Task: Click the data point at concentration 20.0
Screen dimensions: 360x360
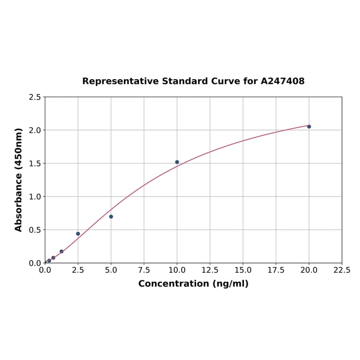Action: pyautogui.click(x=309, y=126)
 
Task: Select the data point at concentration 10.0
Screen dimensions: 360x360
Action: pyautogui.click(x=177, y=162)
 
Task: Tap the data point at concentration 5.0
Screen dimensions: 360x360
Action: pyautogui.click(x=111, y=217)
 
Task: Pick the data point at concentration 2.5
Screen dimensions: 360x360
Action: pyautogui.click(x=78, y=234)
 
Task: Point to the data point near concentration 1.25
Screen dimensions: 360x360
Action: pyautogui.click(x=62, y=252)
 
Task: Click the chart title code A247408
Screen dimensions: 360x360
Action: pyautogui.click(x=283, y=81)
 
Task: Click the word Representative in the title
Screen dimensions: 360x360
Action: pyautogui.click(x=121, y=81)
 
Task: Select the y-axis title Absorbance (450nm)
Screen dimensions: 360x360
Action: pyautogui.click(x=19, y=180)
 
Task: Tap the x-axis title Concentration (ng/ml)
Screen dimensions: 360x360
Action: pyautogui.click(x=193, y=284)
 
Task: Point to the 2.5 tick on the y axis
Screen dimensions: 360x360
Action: pyautogui.click(x=35, y=97)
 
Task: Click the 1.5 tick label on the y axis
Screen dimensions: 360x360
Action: pyautogui.click(x=35, y=164)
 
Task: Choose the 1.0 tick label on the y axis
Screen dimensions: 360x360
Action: pyautogui.click(x=35, y=196)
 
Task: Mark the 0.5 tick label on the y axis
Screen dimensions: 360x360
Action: pyautogui.click(x=35, y=230)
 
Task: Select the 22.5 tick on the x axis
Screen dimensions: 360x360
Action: pyautogui.click(x=342, y=270)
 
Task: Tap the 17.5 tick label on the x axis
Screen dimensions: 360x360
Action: pyautogui.click(x=276, y=270)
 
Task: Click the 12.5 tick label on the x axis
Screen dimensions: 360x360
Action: pyautogui.click(x=210, y=270)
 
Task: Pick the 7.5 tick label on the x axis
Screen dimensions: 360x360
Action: pyautogui.click(x=144, y=270)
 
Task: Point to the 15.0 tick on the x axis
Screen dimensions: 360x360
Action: pyautogui.click(x=243, y=270)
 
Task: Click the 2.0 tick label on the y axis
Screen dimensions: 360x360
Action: pyautogui.click(x=35, y=130)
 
